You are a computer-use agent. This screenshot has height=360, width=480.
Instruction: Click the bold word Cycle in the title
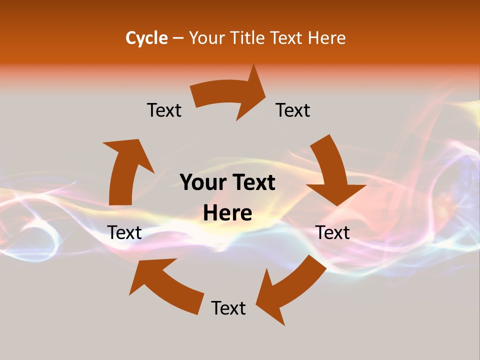tap(146, 38)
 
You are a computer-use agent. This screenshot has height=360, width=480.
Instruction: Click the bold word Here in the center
tap(227, 213)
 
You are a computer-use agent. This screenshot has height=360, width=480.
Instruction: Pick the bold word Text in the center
tap(252, 182)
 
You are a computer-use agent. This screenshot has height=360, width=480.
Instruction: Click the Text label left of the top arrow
tap(164, 110)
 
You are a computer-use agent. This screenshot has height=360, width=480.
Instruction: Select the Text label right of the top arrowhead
tap(293, 110)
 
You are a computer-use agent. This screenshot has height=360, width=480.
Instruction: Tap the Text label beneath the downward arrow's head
tap(333, 232)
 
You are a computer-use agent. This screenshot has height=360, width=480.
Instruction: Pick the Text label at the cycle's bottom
tap(228, 308)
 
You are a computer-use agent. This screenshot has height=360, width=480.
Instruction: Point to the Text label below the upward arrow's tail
tap(124, 232)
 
